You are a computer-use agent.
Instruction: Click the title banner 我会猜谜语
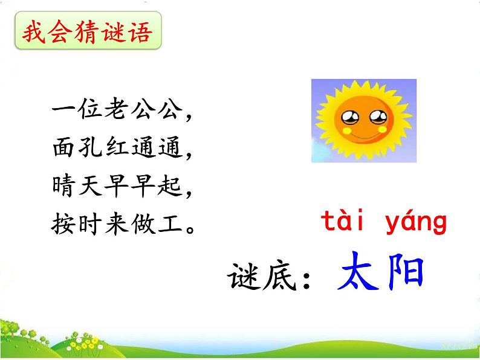88,33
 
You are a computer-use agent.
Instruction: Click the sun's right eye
376,116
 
